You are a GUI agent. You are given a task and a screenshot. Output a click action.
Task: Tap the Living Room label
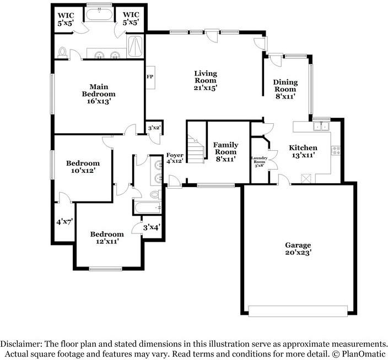point(205,80)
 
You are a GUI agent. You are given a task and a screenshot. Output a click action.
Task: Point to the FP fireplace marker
point(149,77)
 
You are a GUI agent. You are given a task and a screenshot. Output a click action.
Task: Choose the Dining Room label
point(285,89)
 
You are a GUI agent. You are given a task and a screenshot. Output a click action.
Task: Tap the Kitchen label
point(303,151)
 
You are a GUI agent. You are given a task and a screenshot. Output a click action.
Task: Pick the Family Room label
point(225,152)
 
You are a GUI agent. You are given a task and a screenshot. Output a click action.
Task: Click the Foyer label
point(175,158)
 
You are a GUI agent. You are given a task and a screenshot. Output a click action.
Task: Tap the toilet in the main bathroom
point(63,53)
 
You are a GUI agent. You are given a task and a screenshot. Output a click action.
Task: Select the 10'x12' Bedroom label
point(83,167)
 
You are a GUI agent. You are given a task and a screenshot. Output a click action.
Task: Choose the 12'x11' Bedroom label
point(107,238)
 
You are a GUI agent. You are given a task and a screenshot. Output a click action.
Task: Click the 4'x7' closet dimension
point(64,222)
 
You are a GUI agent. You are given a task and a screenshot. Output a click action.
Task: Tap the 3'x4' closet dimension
point(151,227)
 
